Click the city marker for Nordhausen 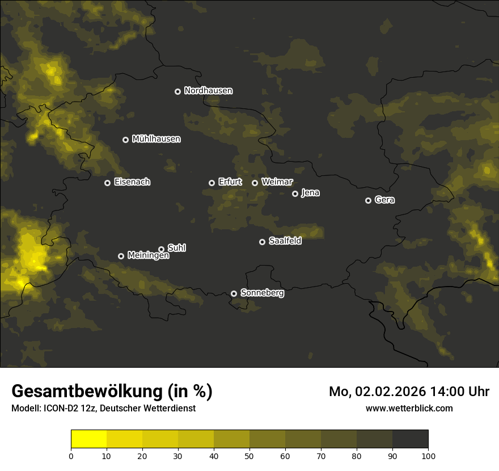[x=177, y=91]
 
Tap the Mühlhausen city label [x=156, y=139]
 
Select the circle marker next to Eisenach [x=107, y=183]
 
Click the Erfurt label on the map [x=230, y=182]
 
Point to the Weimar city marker [x=255, y=183]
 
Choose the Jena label [x=310, y=193]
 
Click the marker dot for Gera [x=368, y=200]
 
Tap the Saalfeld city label [x=285, y=241]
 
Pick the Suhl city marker [x=161, y=249]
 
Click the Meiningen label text [x=148, y=255]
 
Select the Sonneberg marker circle [x=234, y=293]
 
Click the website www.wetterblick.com [x=409, y=408]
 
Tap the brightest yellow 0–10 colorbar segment [x=88, y=439]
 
